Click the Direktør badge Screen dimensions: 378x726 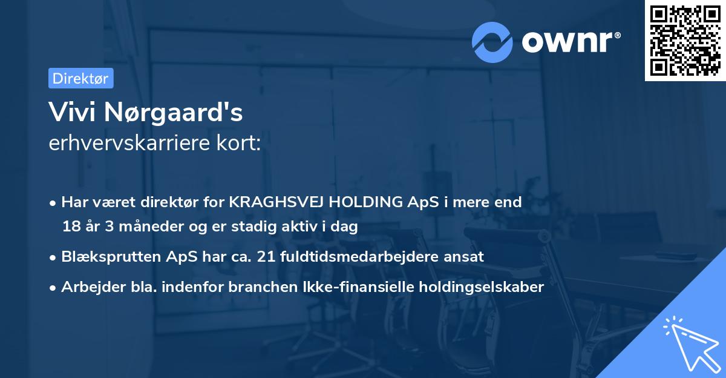[80, 78]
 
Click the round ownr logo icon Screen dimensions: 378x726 [492, 42]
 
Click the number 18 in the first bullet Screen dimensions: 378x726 [71, 227]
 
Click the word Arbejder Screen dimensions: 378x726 [89, 287]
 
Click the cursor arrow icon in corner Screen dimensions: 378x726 [690, 345]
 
